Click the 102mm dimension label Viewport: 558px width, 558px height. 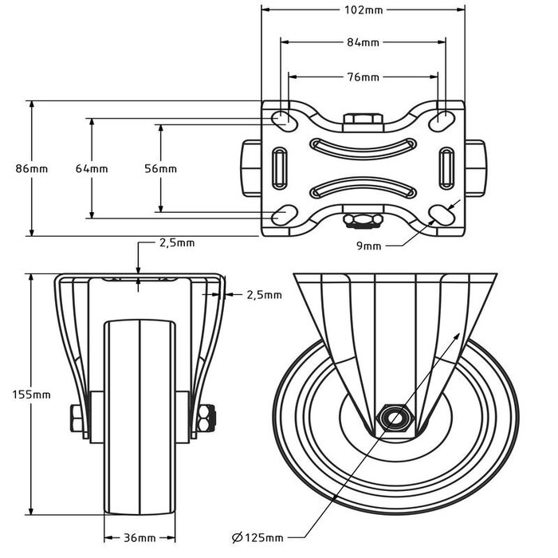(363, 10)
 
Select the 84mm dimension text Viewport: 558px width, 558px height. (363, 42)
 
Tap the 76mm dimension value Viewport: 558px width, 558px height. (363, 77)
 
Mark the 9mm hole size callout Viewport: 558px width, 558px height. (368, 246)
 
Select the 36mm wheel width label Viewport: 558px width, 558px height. (139, 539)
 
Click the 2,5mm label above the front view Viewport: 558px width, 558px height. (176, 242)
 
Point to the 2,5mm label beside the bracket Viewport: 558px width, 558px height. (263, 295)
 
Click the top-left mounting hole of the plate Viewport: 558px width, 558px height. (281, 119)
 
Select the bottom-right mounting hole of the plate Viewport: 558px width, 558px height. (441, 216)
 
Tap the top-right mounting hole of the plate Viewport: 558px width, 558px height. (441, 120)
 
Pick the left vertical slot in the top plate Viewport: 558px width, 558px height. (280, 167)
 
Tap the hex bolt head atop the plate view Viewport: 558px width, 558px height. (363, 120)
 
